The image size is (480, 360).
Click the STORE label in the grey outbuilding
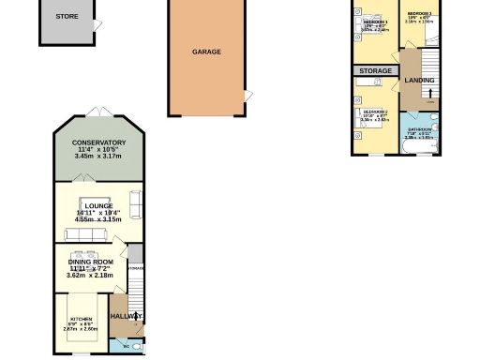tap(67, 15)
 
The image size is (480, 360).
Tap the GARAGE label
tap(206, 52)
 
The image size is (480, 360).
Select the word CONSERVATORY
tap(98, 142)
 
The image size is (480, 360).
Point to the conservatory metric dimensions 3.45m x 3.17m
tap(98, 157)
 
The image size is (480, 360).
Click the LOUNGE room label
tap(97, 206)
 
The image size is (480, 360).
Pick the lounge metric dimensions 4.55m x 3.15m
tap(98, 220)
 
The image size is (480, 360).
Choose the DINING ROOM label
tap(90, 262)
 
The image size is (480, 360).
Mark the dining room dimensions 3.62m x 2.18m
tap(90, 275)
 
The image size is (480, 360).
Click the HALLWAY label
tap(125, 317)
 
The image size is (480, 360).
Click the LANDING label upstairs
tap(419, 81)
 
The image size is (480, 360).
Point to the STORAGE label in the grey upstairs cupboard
tap(375, 70)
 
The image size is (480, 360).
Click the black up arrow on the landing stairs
tap(431, 93)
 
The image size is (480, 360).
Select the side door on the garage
tap(247, 96)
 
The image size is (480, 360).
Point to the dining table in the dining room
tap(90, 254)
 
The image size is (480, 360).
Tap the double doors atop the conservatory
tap(97, 113)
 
